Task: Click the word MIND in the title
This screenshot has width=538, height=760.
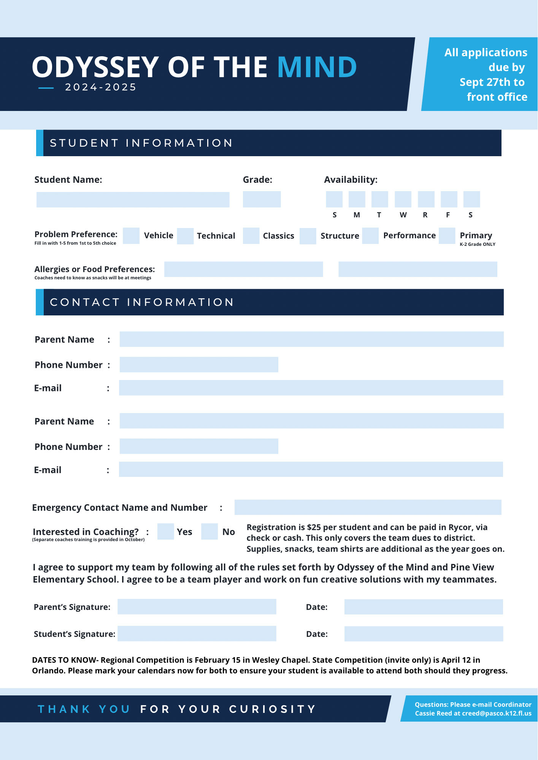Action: pyautogui.click(x=317, y=67)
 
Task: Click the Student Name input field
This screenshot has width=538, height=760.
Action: pyautogui.click(x=133, y=199)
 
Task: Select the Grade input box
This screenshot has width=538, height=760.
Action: pyautogui.click(x=262, y=199)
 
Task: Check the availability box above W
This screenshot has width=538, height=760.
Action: pyautogui.click(x=403, y=199)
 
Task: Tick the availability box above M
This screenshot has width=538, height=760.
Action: pyautogui.click(x=357, y=199)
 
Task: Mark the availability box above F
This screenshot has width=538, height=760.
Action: pyautogui.click(x=449, y=199)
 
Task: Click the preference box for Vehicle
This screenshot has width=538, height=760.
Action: pyautogui.click(x=131, y=236)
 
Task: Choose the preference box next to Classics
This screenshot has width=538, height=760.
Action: pyautogui.click(x=251, y=236)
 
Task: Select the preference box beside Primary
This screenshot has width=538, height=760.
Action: pyautogui.click(x=447, y=236)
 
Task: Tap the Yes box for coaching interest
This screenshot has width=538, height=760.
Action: pyautogui.click(x=165, y=531)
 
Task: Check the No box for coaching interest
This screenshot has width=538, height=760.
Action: pyautogui.click(x=209, y=531)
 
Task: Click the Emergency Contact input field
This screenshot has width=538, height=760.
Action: pyautogui.click(x=368, y=507)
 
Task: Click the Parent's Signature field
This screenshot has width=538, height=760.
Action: pyautogui.click(x=197, y=606)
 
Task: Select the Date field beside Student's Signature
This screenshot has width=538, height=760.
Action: pyautogui.click(x=424, y=634)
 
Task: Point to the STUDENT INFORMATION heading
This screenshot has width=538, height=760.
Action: pyautogui.click(x=141, y=143)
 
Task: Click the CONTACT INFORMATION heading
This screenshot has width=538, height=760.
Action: pyautogui.click(x=142, y=302)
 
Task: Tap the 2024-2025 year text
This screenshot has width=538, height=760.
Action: pyautogui.click(x=101, y=87)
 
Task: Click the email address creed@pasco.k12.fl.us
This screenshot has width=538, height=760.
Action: pyautogui.click(x=497, y=713)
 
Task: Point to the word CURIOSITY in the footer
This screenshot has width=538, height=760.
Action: pyautogui.click(x=272, y=709)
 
